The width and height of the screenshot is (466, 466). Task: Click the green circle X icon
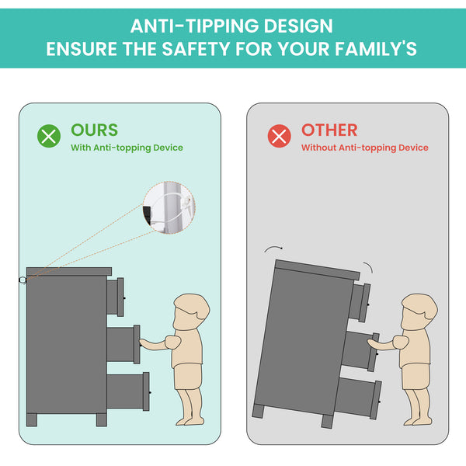tap(49, 136)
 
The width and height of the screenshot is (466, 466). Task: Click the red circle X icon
tap(280, 136)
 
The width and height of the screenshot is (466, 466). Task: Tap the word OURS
tap(95, 130)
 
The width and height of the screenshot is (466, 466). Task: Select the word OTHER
tap(329, 130)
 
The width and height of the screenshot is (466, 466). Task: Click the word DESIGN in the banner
tap(298, 26)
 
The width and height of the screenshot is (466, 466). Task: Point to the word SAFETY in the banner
tap(196, 48)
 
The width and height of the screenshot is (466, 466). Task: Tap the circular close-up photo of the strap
tap(169, 207)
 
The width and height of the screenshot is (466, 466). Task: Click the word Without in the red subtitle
tap(318, 148)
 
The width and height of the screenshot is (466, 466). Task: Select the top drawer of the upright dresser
tap(116, 297)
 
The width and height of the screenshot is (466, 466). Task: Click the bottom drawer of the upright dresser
tap(128, 391)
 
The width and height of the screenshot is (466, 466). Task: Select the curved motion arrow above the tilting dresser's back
tap(273, 248)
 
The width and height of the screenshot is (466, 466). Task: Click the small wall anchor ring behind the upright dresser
tap(23, 280)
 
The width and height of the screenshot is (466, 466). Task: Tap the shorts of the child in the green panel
tap(188, 376)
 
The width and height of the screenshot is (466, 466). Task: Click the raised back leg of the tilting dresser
tap(258, 411)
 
